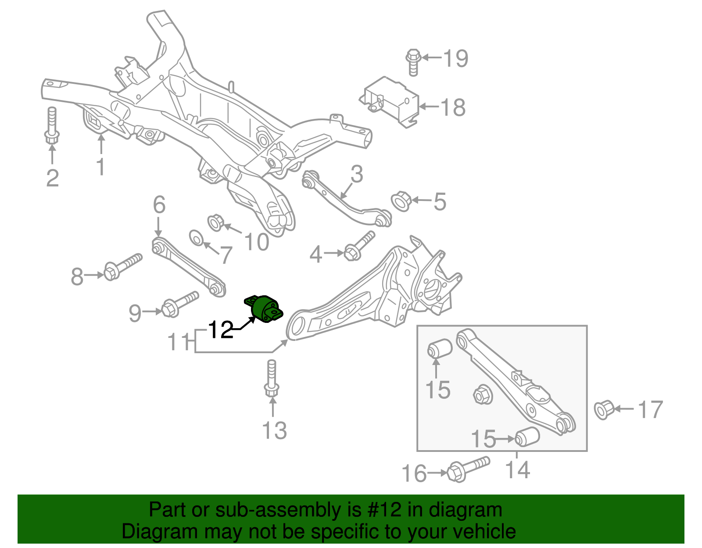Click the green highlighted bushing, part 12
click(x=264, y=309)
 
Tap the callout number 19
click(x=455, y=58)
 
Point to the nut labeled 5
click(x=400, y=201)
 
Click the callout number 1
click(x=101, y=167)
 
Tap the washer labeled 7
click(x=196, y=238)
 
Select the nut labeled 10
click(x=215, y=222)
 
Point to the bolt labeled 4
click(x=359, y=246)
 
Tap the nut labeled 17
click(x=603, y=409)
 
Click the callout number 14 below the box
click(x=518, y=470)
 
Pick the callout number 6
click(x=159, y=204)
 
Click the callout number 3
click(x=357, y=174)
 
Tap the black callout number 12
click(x=221, y=330)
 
